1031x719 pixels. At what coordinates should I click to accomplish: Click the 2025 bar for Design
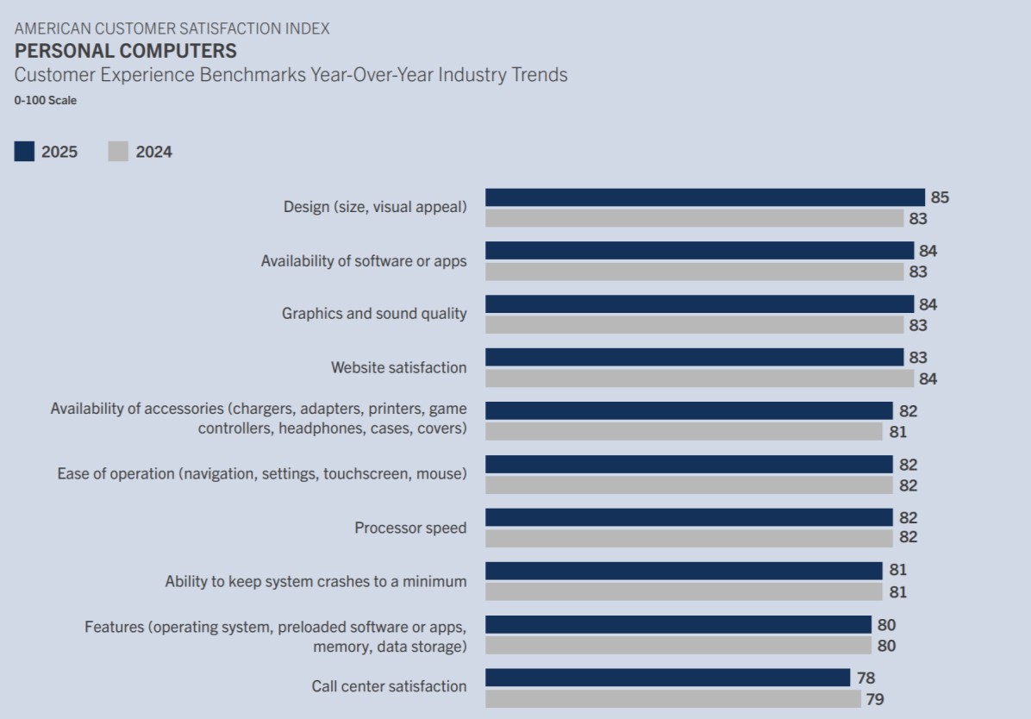coord(704,197)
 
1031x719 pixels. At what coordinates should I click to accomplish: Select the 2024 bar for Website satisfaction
coord(699,378)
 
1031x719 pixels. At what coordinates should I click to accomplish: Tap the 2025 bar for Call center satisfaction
coord(667,678)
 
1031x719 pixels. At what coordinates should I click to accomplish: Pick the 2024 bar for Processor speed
coord(689,538)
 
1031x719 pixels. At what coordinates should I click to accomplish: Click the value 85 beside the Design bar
coord(940,197)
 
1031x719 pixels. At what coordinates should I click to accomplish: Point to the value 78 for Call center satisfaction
coord(865,678)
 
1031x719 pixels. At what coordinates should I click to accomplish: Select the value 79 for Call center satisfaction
coord(874,699)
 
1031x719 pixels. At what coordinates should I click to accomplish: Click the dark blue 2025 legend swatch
coord(24,152)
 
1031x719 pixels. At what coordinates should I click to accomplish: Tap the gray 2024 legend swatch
coord(118,152)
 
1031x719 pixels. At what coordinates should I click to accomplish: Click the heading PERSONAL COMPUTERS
coord(125,51)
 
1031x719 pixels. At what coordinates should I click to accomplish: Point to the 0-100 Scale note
coord(45,100)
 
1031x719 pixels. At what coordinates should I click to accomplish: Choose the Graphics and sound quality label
coord(374,314)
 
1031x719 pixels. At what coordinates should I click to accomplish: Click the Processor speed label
coord(410,528)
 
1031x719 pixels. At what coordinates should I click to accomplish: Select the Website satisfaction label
coord(398,367)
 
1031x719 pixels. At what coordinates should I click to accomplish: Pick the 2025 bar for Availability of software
coord(699,251)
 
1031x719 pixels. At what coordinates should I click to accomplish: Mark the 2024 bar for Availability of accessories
coord(684,431)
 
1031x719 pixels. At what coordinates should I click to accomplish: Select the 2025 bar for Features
coord(678,624)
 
